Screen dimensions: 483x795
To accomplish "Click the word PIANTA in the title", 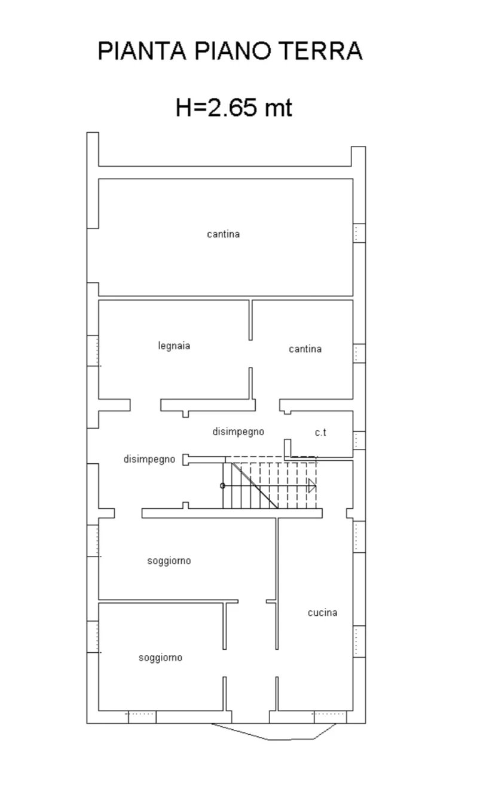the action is [x=142, y=51].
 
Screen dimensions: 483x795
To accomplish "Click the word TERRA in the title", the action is [x=321, y=51].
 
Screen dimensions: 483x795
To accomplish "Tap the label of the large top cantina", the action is [x=223, y=234].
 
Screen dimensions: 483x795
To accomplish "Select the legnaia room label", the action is [x=174, y=345].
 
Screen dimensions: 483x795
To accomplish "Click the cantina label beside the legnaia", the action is [x=305, y=349].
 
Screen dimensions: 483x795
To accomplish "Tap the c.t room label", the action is [x=320, y=432].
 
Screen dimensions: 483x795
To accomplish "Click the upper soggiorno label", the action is [x=169, y=561].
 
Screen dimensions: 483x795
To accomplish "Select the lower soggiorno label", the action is [x=160, y=658].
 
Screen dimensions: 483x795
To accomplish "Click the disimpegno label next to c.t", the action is [x=238, y=432].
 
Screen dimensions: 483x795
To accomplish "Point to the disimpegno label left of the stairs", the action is [x=149, y=459].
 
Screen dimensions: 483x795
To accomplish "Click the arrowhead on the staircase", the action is [x=312, y=485].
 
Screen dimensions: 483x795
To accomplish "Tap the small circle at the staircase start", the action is [x=222, y=485].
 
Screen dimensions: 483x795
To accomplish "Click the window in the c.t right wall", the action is [x=359, y=440].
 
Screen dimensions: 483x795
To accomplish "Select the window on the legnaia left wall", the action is [x=93, y=351].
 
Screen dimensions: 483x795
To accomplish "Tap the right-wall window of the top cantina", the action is [x=359, y=233].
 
